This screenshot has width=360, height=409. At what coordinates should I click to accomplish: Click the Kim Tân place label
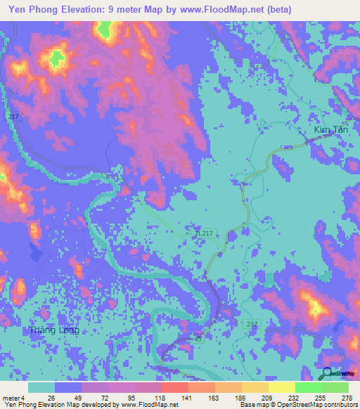click(x=332, y=131)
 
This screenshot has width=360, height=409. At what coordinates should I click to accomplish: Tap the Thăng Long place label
click(x=54, y=330)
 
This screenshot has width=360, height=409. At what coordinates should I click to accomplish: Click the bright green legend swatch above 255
click(x=308, y=387)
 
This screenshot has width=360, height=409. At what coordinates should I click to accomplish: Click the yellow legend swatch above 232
click(x=281, y=387)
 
